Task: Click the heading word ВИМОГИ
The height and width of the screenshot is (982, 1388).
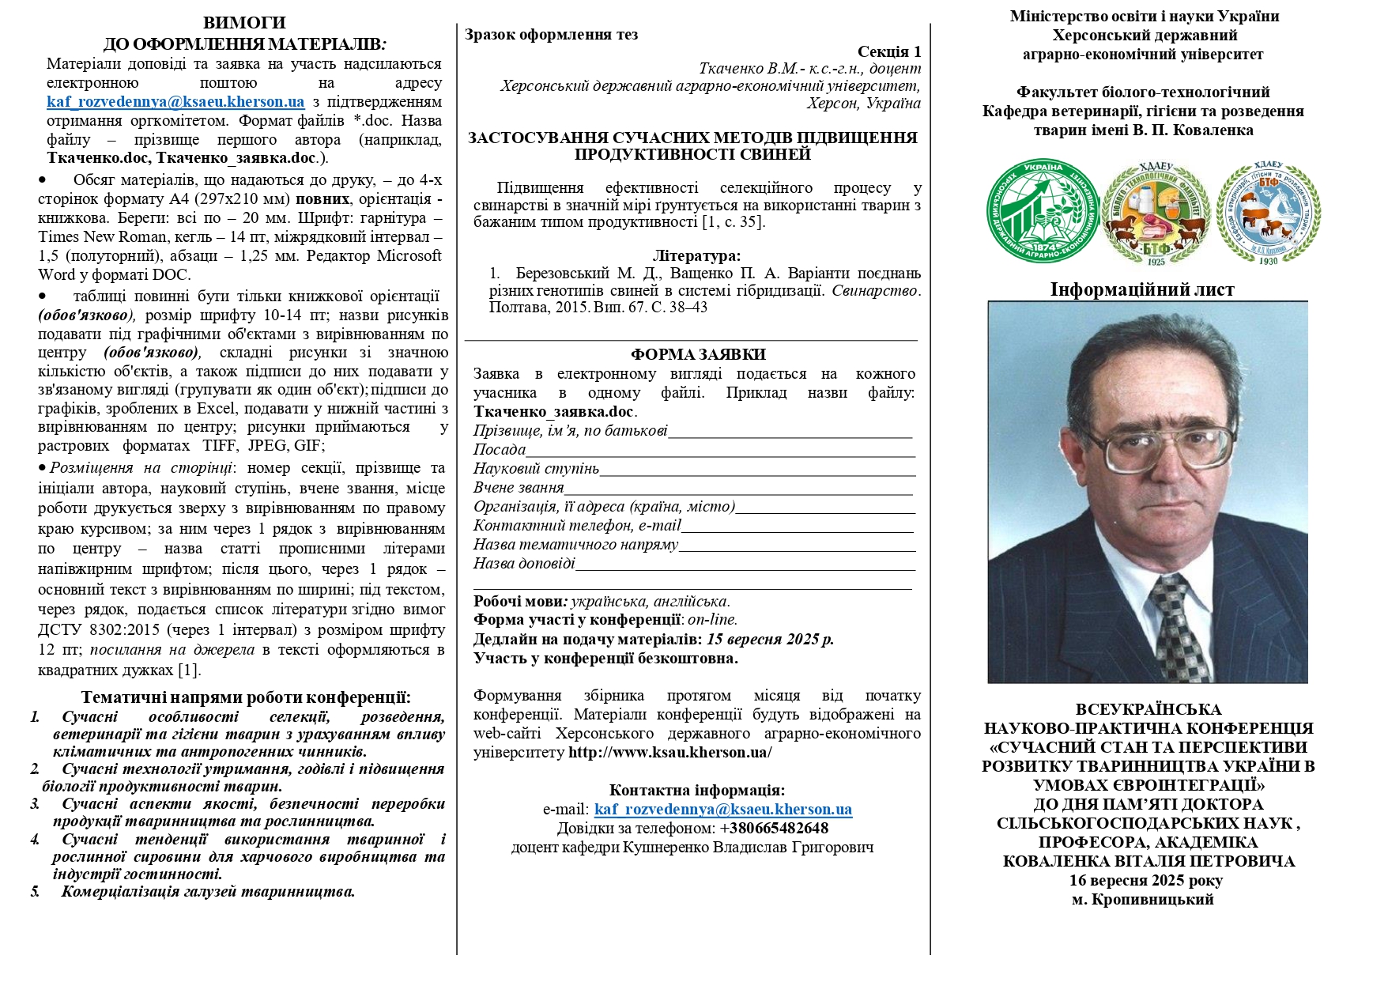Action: [244, 23]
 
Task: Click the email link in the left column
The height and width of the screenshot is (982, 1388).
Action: [175, 102]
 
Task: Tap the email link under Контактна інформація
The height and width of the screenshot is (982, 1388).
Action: [722, 809]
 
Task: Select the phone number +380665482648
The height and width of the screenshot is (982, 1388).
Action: [774, 828]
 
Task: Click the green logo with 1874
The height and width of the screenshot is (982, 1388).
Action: [1043, 211]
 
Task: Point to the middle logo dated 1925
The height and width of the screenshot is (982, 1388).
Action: [1156, 213]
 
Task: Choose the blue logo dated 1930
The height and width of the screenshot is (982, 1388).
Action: [1268, 213]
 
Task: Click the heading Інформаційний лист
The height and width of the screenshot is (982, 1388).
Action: [1141, 289]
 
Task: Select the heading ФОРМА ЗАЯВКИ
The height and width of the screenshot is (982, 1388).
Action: [698, 354]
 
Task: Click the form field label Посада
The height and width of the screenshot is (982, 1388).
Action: [500, 450]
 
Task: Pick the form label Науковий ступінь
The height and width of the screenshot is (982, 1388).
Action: [536, 469]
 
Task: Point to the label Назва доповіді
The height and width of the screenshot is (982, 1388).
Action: [524, 564]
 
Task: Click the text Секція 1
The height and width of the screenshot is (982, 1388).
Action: [888, 51]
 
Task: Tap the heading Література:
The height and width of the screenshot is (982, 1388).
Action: [696, 255]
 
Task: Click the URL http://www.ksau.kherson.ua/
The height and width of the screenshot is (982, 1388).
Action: [669, 752]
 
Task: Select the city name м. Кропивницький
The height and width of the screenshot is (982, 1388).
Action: [1142, 899]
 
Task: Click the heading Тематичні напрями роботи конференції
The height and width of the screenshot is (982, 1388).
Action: [245, 697]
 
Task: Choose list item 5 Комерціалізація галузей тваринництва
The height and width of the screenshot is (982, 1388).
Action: [208, 892]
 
